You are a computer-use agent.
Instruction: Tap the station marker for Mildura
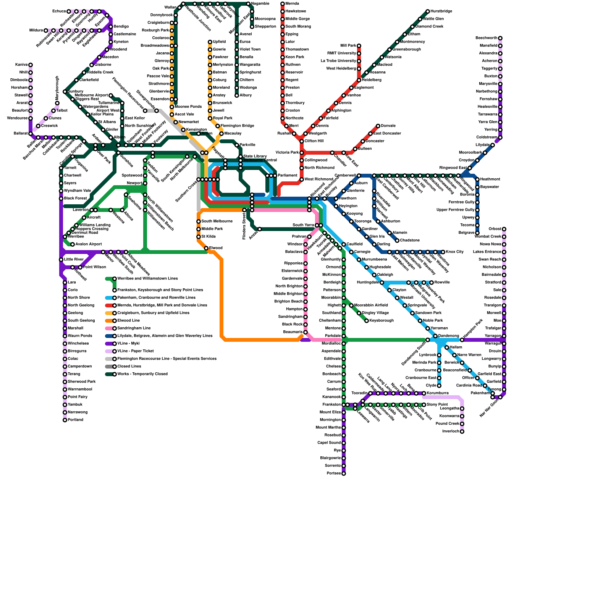[x=46, y=31]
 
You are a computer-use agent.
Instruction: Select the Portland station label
[x=76, y=420]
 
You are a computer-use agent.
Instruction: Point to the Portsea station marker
[x=344, y=474]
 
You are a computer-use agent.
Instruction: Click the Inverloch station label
[x=451, y=432]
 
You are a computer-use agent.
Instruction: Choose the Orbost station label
[x=495, y=229]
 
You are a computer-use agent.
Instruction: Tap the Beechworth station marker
[x=500, y=38]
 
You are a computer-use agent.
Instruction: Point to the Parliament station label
[x=287, y=176]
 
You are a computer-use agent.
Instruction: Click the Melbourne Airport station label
[x=91, y=95]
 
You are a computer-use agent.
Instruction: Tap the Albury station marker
[x=237, y=95]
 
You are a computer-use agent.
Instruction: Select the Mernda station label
[x=292, y=4]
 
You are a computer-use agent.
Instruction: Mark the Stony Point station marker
[x=424, y=405]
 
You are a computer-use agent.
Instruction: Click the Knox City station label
[x=454, y=252]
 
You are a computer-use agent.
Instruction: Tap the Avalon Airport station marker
[x=73, y=244]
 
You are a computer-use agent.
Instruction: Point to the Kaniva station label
[x=21, y=65]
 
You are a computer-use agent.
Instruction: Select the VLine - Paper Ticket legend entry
[x=136, y=351]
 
